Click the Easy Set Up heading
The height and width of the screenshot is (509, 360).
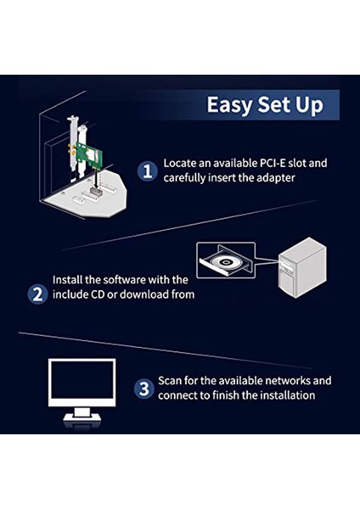[266, 105]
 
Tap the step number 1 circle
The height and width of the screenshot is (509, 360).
[149, 171]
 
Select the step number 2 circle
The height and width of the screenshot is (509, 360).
[37, 294]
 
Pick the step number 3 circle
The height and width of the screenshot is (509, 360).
[144, 389]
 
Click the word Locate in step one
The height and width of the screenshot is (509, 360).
[181, 162]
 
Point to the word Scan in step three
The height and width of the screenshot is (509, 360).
[172, 381]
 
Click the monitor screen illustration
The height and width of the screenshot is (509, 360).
[82, 381]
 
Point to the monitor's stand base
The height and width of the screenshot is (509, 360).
[82, 419]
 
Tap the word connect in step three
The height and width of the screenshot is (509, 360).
[181, 395]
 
